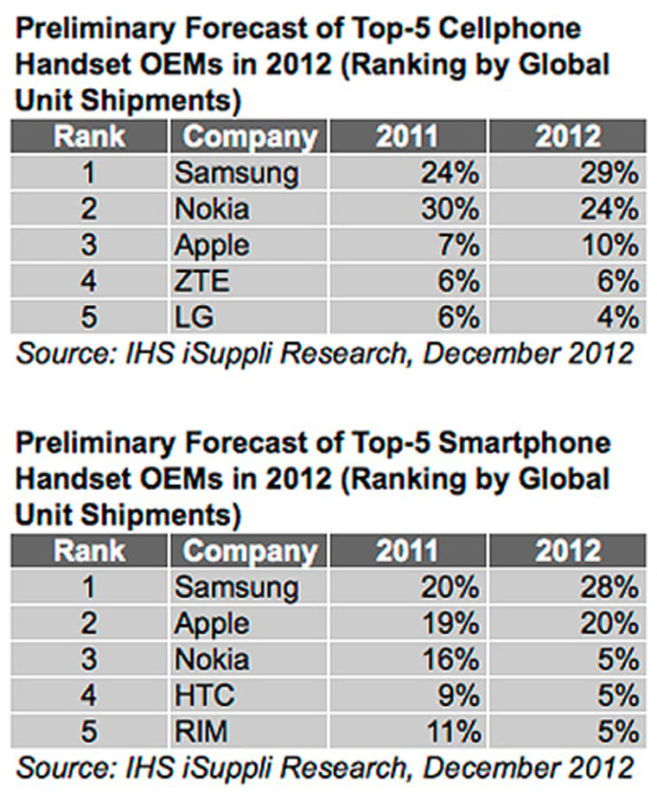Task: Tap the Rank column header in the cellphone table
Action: (88, 137)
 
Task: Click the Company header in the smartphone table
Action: (250, 550)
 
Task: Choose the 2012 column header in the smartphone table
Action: (567, 550)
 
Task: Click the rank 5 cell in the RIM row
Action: (89, 732)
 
